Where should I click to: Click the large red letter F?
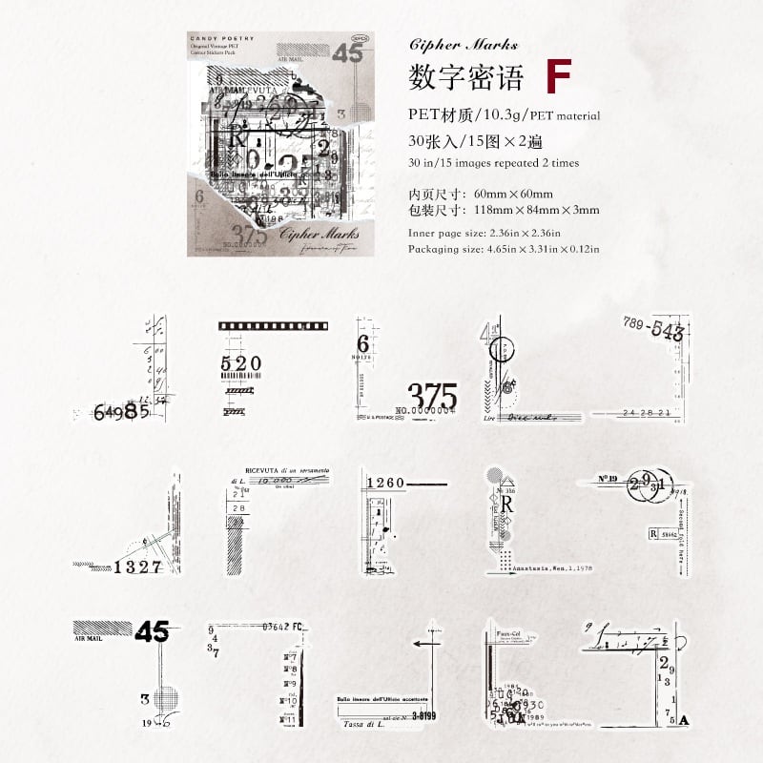[x=558, y=75]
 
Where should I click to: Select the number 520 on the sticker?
[x=239, y=363]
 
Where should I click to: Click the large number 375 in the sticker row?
[x=419, y=393]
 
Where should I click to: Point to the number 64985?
[x=121, y=412]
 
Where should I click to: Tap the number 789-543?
[x=653, y=330]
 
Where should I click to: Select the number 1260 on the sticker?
[x=386, y=484]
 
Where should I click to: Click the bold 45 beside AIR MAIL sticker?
[x=152, y=631]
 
